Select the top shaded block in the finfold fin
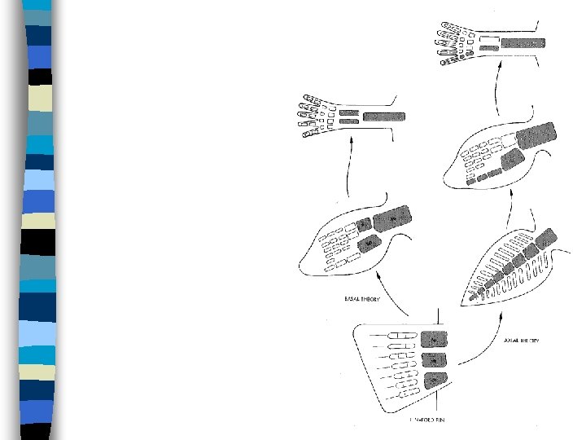[x=435, y=340]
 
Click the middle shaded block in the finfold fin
[x=435, y=360]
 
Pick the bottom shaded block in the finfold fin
[x=435, y=380]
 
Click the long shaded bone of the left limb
[x=383, y=117]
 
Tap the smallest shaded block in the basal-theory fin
[x=363, y=222]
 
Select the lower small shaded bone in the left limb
[x=349, y=122]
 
